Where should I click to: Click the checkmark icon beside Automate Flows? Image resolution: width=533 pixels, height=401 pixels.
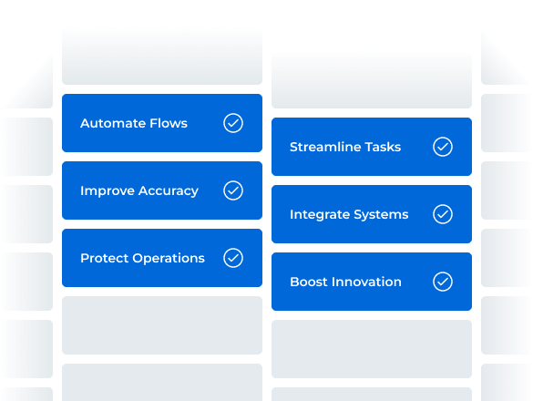(x=233, y=123)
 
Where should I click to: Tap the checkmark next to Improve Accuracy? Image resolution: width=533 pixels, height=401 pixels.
(x=233, y=190)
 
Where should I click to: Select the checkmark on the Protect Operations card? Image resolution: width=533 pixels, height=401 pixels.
(x=233, y=258)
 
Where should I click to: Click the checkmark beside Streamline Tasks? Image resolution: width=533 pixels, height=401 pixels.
(x=443, y=147)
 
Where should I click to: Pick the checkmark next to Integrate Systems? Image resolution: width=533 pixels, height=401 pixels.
(x=443, y=214)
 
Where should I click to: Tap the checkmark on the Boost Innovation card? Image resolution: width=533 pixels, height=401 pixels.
(x=443, y=282)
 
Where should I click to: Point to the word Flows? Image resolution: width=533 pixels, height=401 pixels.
(x=168, y=123)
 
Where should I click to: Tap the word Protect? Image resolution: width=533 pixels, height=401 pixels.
(x=104, y=258)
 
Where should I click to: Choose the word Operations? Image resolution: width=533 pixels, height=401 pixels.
(x=169, y=258)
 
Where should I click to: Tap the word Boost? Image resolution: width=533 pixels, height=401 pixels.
(x=309, y=282)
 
